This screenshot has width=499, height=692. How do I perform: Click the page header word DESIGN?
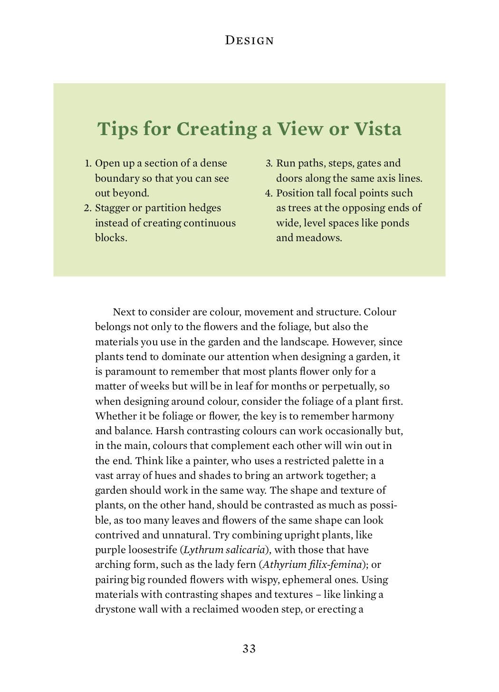(x=249, y=40)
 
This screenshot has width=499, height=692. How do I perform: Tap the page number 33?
(x=249, y=649)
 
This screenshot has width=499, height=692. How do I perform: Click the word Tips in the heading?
(x=116, y=129)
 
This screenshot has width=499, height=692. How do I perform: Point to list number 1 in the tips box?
(x=88, y=164)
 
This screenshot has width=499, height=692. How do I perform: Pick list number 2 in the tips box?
(x=87, y=208)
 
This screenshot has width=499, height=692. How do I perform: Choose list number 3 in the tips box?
(x=269, y=164)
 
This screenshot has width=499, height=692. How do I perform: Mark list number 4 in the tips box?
(x=269, y=194)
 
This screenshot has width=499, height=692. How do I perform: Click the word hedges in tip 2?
(x=205, y=208)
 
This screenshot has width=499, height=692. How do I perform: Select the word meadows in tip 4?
(x=318, y=238)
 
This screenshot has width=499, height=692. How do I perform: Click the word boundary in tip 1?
(x=117, y=178)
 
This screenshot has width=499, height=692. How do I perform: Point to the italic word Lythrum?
(x=203, y=550)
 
